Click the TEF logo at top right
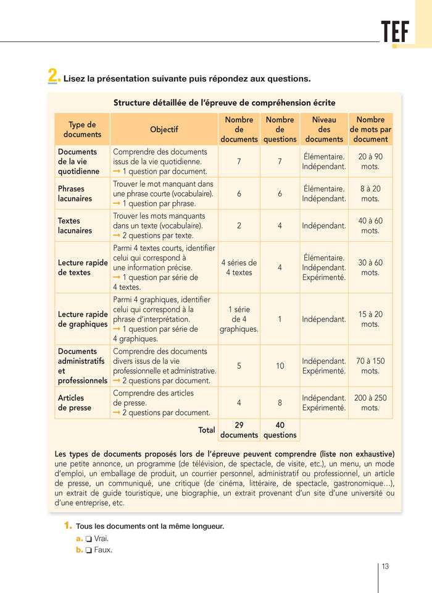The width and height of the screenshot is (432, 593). pos(395,32)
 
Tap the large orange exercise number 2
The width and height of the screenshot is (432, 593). pos(54,76)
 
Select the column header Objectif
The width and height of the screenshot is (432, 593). pos(164,129)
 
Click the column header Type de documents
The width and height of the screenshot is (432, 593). pos(82,129)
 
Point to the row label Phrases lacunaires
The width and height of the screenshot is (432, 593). pos(75,193)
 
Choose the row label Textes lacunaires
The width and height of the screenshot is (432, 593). pos(75,225)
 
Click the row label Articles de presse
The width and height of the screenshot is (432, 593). pos(75,403)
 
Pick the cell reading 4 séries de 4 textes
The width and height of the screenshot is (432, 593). pos(239,267)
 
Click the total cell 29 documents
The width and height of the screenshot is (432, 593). pos(239,430)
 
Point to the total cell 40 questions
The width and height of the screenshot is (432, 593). pos(280,430)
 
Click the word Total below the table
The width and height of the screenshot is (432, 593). pos(206,429)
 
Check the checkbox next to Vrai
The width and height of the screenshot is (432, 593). pos(89,539)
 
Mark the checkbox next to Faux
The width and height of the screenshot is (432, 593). pos(89,550)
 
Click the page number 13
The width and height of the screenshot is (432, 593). pos(385,566)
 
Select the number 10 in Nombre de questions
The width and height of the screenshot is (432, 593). pos(280,366)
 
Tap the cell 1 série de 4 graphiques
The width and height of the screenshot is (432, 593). pos(239,319)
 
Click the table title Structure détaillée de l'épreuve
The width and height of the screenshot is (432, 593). pos(225,103)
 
